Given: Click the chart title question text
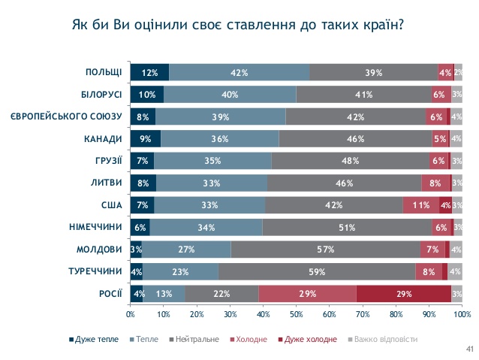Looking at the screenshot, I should [239, 24].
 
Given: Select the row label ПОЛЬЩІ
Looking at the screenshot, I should [104, 72].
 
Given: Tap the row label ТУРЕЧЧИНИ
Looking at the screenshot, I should [96, 271].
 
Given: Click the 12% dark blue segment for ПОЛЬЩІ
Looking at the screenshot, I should [149, 73].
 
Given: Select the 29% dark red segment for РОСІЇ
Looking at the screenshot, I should [404, 294].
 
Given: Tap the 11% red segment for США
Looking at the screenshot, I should [420, 205].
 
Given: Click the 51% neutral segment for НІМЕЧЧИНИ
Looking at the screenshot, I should [347, 228].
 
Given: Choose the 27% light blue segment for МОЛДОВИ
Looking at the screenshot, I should [186, 250].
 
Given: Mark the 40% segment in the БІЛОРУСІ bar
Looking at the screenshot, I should [230, 95].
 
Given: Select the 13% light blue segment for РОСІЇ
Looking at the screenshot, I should [164, 294].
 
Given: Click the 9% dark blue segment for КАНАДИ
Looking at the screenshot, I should [145, 139].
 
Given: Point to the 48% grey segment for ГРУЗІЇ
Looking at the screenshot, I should [349, 161].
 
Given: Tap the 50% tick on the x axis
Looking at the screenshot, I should [296, 313].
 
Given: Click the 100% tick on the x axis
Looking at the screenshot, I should [462, 313].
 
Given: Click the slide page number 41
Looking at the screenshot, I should [469, 349].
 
